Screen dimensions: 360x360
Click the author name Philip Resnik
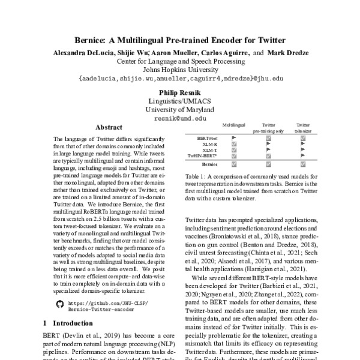(x=179, y=93)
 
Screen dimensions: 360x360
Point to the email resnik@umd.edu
(x=179, y=119)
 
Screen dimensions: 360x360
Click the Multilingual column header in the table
(x=234, y=124)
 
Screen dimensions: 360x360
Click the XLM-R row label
(x=209, y=145)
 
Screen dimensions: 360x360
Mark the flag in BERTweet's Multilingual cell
(x=234, y=138)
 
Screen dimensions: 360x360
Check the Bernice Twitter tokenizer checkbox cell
(x=302, y=164)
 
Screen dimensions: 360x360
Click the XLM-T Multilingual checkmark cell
(x=234, y=151)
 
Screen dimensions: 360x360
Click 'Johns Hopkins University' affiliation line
(x=179, y=69)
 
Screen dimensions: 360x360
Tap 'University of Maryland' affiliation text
(x=179, y=110)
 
